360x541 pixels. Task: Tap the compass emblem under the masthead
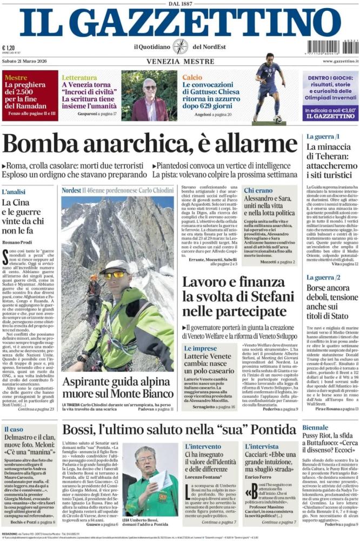click(x=180, y=47)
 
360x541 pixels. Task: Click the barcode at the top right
click(x=332, y=47)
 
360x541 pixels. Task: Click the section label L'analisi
click(x=14, y=192)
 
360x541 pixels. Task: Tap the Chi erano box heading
click(x=258, y=190)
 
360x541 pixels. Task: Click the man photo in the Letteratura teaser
click(x=150, y=99)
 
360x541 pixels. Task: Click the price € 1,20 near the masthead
click(x=9, y=48)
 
